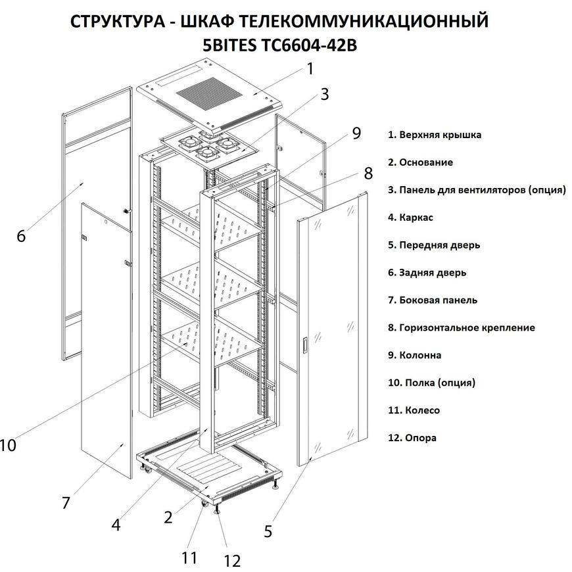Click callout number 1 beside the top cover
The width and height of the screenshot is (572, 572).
point(310,69)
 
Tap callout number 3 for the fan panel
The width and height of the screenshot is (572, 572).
point(324,94)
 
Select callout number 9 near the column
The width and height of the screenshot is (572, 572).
point(356,133)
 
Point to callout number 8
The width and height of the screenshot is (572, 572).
point(368,174)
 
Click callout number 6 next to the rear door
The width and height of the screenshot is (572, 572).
point(21,236)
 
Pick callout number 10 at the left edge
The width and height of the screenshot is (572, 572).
point(8,445)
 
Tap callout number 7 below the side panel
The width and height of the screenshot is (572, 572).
point(66,503)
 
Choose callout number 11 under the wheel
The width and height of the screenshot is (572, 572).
point(189,558)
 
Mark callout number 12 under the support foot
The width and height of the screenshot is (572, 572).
point(232,561)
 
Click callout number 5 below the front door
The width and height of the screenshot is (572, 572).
point(268,531)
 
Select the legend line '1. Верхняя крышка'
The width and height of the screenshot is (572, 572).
point(435,135)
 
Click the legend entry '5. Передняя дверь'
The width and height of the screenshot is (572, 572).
point(434,245)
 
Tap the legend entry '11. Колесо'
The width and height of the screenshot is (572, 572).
point(414,410)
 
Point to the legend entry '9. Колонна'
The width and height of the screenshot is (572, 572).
point(414,355)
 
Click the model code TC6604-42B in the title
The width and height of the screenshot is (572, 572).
point(308,45)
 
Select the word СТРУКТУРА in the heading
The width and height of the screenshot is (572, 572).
point(118,21)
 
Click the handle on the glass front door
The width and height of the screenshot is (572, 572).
point(305,346)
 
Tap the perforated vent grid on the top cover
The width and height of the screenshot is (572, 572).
point(210,93)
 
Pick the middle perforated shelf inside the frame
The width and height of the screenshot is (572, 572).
point(212,283)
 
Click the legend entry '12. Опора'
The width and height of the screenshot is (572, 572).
point(412,438)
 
